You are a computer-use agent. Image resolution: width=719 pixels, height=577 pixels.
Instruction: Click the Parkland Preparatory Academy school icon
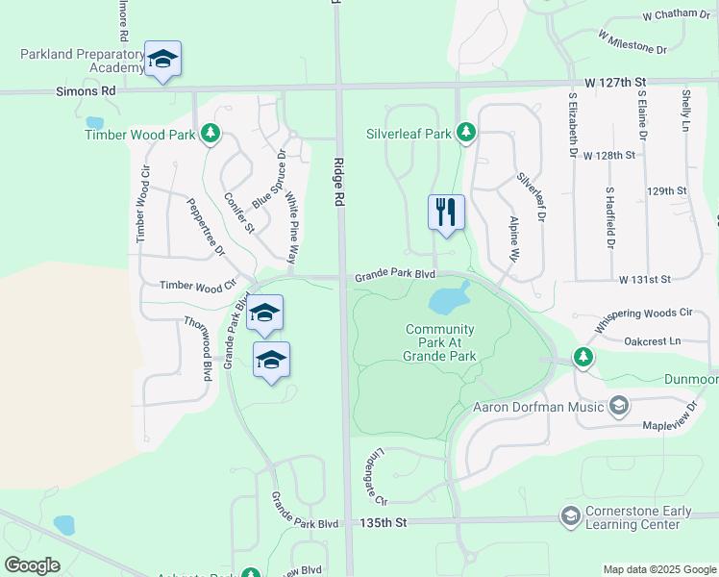(162, 60)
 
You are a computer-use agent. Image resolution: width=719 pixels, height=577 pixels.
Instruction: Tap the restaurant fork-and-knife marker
(445, 212)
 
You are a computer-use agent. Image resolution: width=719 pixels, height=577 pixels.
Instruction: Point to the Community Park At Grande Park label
(440, 342)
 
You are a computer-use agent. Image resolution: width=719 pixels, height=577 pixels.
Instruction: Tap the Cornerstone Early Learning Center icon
(571, 516)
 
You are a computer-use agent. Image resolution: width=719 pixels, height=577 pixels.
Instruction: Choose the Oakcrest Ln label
(652, 340)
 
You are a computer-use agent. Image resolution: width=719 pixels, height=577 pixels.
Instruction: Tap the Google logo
(32, 565)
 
